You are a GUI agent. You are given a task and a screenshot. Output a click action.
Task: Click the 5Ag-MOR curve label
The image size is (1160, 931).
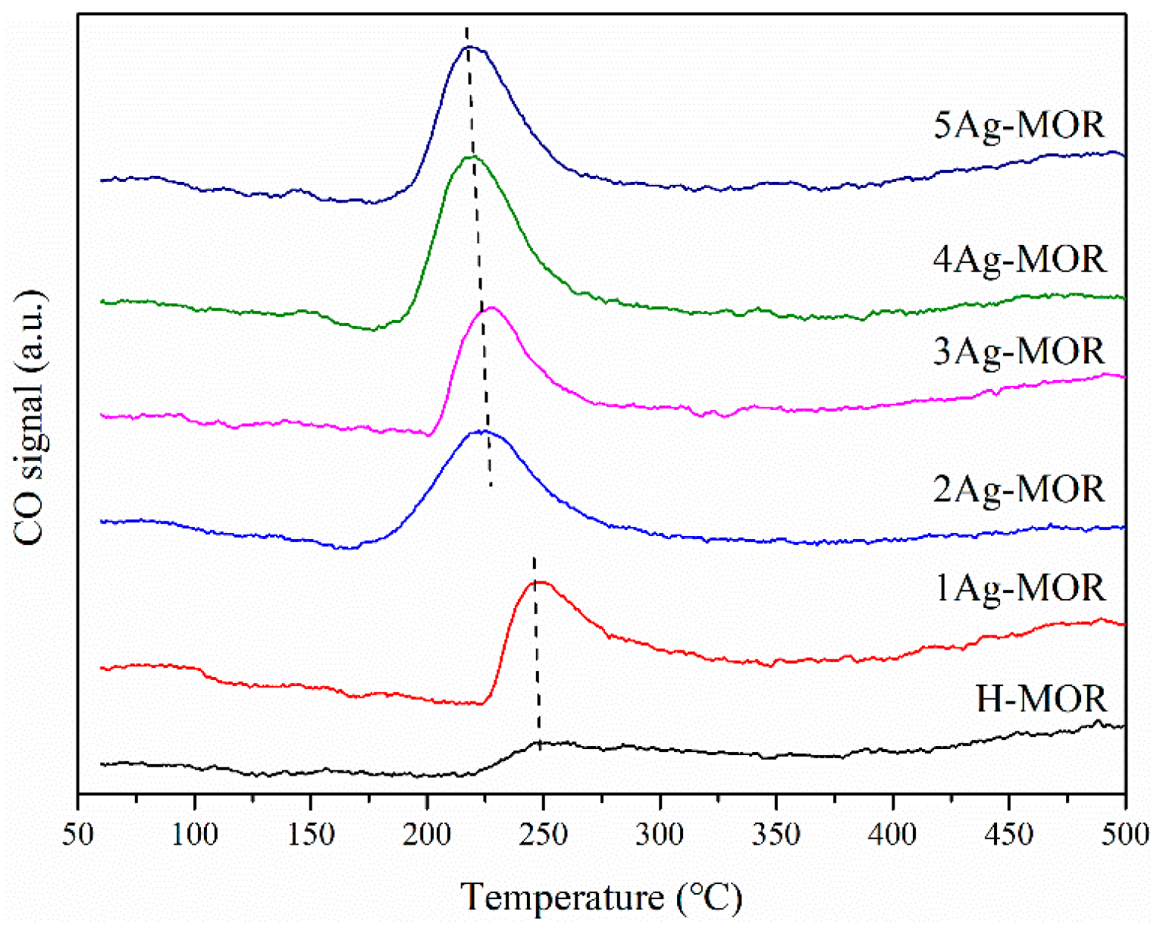(x=1019, y=125)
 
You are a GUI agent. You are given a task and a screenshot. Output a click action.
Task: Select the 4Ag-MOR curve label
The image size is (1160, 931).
(x=1019, y=260)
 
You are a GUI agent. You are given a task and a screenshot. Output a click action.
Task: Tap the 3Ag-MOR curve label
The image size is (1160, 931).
(x=1019, y=352)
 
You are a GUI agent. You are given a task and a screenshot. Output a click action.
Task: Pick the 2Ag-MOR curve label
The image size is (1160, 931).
(x=1019, y=490)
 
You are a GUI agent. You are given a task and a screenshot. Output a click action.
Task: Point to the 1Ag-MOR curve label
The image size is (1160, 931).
(x=1019, y=588)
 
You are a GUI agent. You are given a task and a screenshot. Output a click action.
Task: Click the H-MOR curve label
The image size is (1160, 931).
(x=1041, y=699)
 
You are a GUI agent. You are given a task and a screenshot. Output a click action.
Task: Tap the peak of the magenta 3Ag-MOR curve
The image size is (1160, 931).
(x=491, y=308)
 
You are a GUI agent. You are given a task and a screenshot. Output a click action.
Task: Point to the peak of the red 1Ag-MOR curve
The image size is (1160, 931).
(x=540, y=582)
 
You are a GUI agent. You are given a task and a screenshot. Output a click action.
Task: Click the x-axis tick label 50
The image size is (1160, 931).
(x=78, y=835)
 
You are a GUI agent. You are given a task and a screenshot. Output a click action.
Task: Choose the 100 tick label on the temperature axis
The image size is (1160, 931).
(x=195, y=835)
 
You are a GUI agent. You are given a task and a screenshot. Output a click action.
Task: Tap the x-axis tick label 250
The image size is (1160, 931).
(x=544, y=835)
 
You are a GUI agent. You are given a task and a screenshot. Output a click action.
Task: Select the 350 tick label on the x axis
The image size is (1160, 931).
(x=776, y=835)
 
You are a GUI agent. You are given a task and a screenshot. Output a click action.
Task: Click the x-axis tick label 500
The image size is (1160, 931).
(x=1125, y=835)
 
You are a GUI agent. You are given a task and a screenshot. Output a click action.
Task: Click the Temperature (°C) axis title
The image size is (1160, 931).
(x=602, y=898)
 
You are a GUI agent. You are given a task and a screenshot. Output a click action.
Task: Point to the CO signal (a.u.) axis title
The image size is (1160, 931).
(x=30, y=417)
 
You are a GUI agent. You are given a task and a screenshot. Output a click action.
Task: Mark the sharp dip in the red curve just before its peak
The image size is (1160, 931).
(x=479, y=704)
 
